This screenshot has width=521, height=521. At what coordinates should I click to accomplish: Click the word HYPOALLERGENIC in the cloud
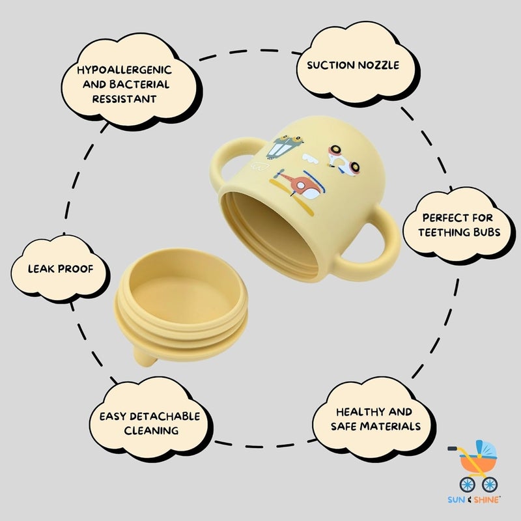124,70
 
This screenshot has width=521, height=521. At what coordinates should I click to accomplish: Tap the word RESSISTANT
124,99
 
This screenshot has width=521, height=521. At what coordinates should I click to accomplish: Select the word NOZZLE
378,65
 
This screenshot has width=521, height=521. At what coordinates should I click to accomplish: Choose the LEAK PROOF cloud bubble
59,268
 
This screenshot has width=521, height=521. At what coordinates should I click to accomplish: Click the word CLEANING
151,430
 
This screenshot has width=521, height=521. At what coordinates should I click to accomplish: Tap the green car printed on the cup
285,146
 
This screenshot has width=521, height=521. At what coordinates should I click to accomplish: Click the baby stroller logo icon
473,466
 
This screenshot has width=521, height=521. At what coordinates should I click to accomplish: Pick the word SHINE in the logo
487,500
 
